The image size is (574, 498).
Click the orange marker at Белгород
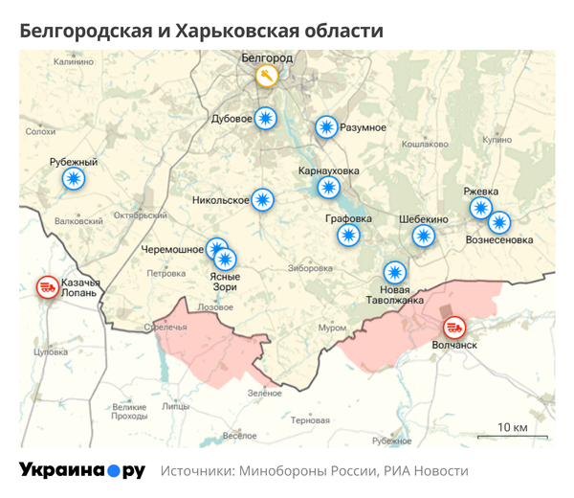267,76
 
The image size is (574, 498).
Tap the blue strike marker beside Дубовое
267,119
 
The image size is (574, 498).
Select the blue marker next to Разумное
327,127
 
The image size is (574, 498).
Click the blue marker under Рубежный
73,178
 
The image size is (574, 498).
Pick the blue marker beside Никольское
263,200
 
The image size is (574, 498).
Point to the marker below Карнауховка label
330,188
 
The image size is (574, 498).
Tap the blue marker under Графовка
349,235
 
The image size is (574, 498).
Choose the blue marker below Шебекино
423,236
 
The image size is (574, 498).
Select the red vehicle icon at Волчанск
453,328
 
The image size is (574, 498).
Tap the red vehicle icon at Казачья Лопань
46,286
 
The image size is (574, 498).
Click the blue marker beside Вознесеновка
499,223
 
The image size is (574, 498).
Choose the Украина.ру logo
82,470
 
